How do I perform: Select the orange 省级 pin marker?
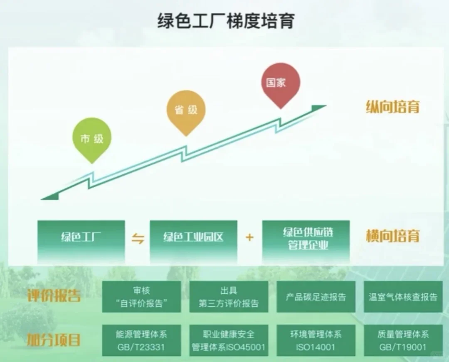click(x=186, y=110)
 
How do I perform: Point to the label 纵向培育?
click(x=392, y=107)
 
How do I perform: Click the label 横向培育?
click(x=392, y=236)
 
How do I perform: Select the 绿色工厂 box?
click(x=81, y=237)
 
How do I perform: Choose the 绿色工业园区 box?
click(x=193, y=237)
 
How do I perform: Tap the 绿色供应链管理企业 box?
click(x=306, y=238)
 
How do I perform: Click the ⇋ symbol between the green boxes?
click(x=138, y=238)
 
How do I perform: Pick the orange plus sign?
click(x=249, y=237)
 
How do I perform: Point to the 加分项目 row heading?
click(x=54, y=340)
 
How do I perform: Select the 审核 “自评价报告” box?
click(x=141, y=297)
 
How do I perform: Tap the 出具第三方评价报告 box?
click(x=229, y=297)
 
